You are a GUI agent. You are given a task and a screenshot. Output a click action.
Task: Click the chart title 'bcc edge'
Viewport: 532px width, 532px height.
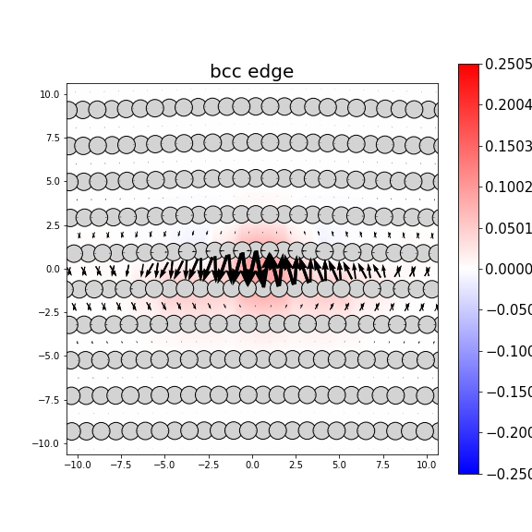251,72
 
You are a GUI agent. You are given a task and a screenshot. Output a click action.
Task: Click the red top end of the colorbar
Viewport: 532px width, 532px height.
468,68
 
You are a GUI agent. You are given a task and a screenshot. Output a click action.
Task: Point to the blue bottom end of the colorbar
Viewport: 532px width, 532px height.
468,469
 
